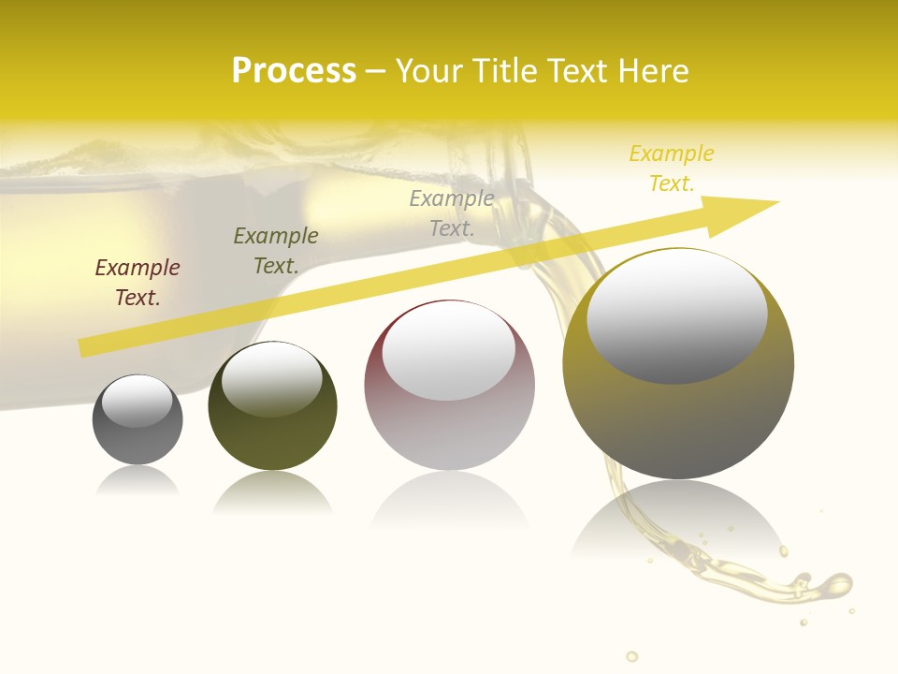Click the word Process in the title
coord(294,71)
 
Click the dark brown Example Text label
coord(138,283)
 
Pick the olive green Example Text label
coord(276,251)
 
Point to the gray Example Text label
coord(452,212)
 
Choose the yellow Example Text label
coord(672,168)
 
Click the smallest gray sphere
coord(138,440)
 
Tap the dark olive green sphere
coord(272,431)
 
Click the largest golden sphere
coord(678,421)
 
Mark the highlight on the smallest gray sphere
coord(138,402)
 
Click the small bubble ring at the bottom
coord(632,656)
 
